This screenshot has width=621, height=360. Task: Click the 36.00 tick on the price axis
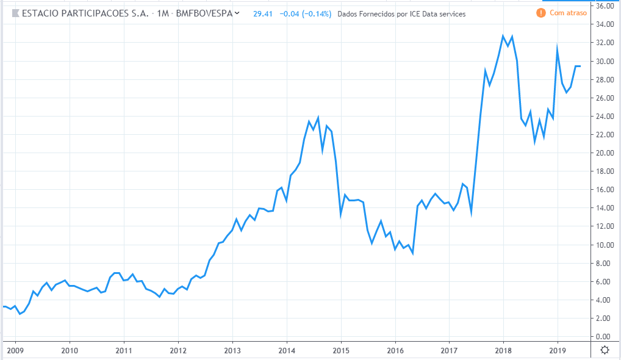605,6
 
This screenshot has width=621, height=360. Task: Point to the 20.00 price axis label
605,153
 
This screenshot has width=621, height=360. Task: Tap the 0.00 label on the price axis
605,337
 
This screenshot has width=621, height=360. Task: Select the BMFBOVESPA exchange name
204,13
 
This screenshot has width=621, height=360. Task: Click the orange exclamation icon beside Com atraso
540,13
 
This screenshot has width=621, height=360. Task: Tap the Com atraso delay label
567,13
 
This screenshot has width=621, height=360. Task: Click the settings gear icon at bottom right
605,350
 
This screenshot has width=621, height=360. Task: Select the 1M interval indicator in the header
163,13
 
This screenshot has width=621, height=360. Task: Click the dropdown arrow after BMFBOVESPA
237,13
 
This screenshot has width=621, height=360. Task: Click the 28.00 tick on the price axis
605,80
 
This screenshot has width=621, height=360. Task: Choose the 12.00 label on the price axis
605,226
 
